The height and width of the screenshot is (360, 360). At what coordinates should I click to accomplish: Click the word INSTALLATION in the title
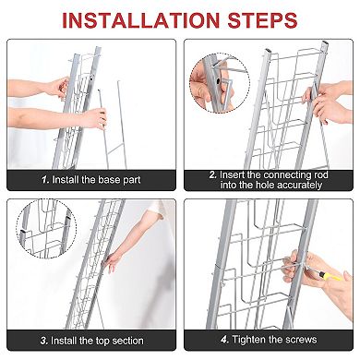pyautogui.click(x=140, y=20)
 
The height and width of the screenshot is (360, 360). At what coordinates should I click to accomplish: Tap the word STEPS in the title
pyautogui.click(x=262, y=20)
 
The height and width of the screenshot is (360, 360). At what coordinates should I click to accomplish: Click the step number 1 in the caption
pyautogui.click(x=45, y=180)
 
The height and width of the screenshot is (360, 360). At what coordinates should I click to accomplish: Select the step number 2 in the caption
pyautogui.click(x=213, y=174)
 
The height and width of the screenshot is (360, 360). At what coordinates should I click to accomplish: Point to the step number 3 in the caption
pyautogui.click(x=44, y=341)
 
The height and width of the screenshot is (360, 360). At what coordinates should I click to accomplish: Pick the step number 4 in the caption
pyautogui.click(x=224, y=340)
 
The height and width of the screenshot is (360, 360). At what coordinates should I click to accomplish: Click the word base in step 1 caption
pyautogui.click(x=109, y=180)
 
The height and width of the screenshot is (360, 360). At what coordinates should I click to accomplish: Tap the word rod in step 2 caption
pyautogui.click(x=321, y=174)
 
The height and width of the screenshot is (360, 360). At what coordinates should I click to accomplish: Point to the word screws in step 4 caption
pyautogui.click(x=301, y=340)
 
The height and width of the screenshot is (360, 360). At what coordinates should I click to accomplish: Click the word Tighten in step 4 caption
pyautogui.click(x=248, y=340)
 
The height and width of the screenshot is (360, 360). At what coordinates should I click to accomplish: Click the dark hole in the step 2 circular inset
pyautogui.click(x=218, y=81)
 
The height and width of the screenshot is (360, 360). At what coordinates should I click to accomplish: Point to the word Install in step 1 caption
pyautogui.click(x=66, y=180)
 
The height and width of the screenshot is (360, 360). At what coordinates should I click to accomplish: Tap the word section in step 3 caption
pyautogui.click(x=127, y=341)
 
